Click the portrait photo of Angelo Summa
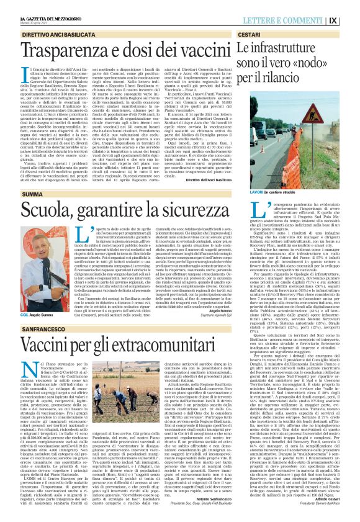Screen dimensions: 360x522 (x=34, y=261)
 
